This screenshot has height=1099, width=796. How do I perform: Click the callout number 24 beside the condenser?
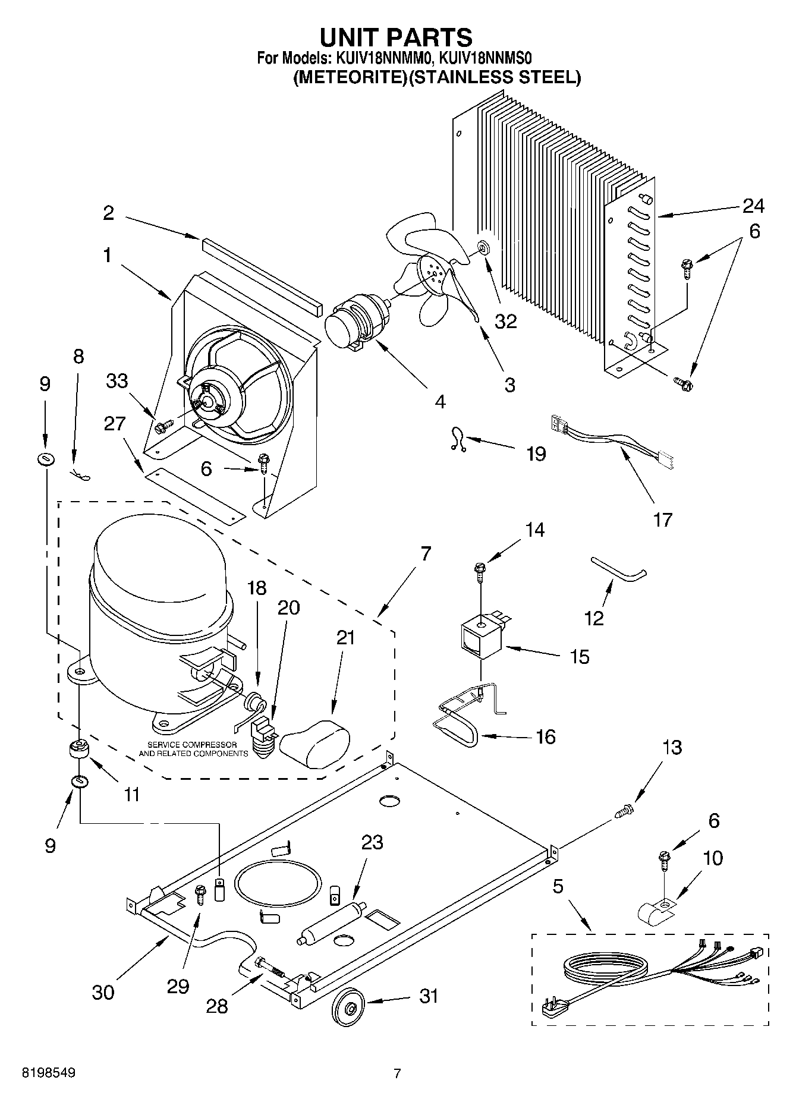(753, 206)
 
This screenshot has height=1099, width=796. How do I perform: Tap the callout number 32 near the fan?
(505, 321)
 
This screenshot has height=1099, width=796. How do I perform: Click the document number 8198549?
(49, 1073)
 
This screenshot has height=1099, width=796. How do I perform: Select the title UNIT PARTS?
(396, 37)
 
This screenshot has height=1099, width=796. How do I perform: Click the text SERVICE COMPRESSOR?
(191, 745)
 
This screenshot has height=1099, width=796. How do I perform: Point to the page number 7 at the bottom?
(397, 1073)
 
